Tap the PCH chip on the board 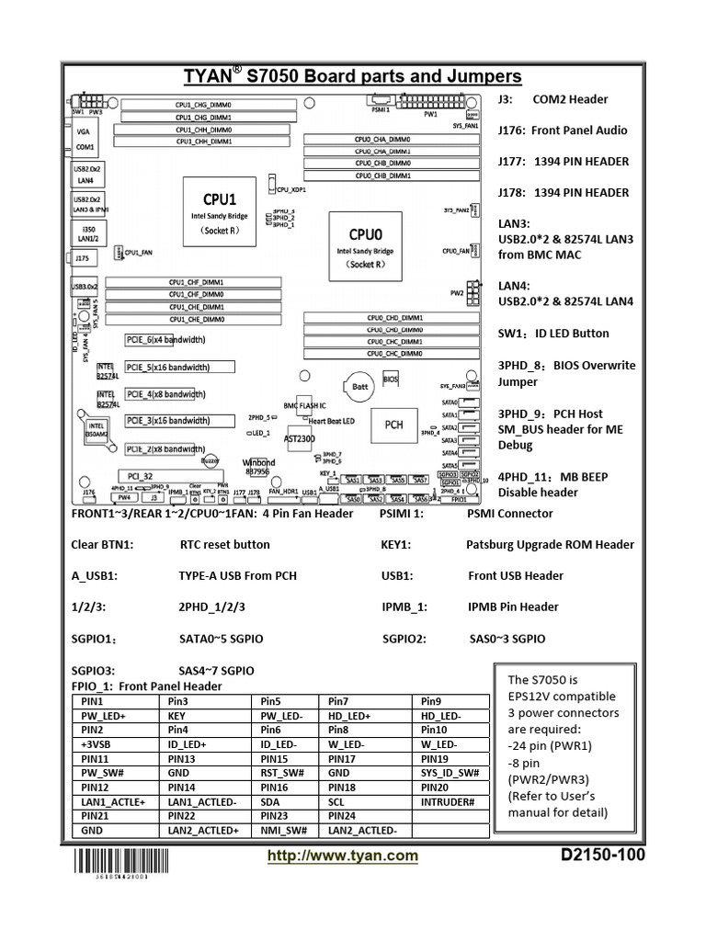pyautogui.click(x=393, y=425)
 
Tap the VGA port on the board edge pyautogui.click(x=84, y=131)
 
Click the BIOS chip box pyautogui.click(x=390, y=378)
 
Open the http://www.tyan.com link pyautogui.click(x=342, y=856)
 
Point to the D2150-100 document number pyautogui.click(x=602, y=856)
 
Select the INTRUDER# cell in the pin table pyautogui.click(x=448, y=802)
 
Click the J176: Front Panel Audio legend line pyautogui.click(x=563, y=130)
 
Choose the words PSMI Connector pyautogui.click(x=509, y=514)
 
